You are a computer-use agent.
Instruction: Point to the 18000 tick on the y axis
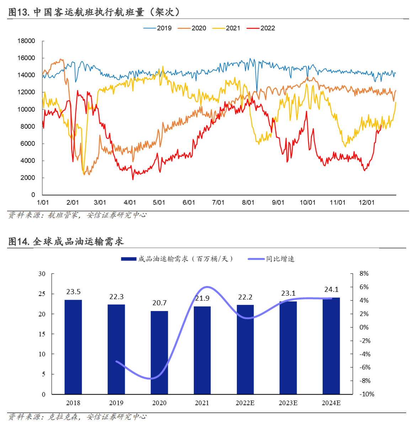pos(26,41)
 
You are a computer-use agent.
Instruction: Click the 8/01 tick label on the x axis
pos(248,202)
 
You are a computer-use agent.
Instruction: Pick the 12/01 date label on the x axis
pos(366,202)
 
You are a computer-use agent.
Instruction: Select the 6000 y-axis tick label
pos(28,143)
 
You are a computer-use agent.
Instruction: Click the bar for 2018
pos(73,347)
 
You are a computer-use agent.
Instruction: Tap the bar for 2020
pos(159,352)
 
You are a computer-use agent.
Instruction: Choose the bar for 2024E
pos(331,346)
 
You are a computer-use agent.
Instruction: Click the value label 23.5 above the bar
pos(73,292)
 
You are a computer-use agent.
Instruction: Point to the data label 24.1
pos(331,290)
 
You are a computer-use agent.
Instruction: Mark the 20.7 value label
pos(159,303)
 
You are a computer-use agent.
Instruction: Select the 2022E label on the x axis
pos(245,403)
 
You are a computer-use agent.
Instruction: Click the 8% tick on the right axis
pos(364,274)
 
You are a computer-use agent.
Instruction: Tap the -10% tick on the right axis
pos(367,394)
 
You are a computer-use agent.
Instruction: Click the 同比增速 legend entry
pos(280,259)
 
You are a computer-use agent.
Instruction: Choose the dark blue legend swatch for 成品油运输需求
pos(128,259)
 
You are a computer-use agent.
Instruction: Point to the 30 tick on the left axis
pos(42,274)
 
